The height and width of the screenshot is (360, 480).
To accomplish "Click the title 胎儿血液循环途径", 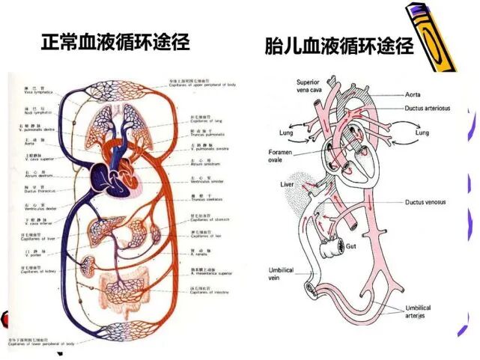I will [339, 46].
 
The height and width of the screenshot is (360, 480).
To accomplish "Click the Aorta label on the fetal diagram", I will [413, 94].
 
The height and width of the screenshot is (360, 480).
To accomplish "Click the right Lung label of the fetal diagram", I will [422, 132].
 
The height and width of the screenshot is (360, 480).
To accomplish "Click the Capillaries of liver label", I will [30, 237].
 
